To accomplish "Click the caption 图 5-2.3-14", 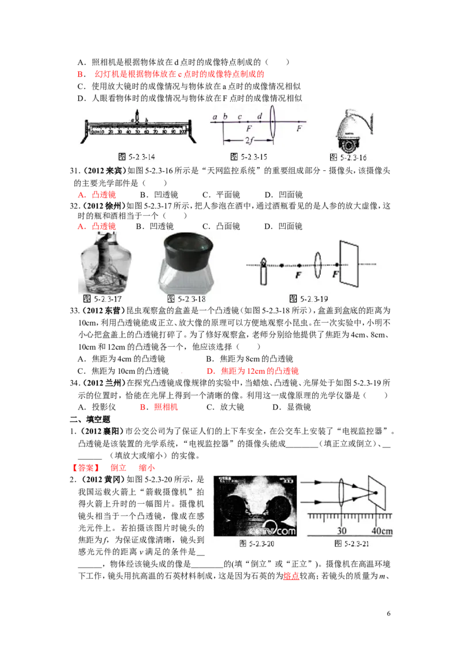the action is point(137,157).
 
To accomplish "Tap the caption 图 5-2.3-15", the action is point(248,157).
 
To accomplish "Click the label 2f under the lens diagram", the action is point(249,140).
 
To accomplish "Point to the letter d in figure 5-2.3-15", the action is point(259,116).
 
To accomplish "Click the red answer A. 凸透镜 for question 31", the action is point(97,195).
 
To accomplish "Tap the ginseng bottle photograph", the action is point(105,263).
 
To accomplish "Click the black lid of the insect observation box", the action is point(189,250).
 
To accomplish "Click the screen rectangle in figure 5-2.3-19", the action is point(348,263).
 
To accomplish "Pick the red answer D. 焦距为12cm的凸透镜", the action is point(252,371).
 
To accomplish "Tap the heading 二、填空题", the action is point(90,419).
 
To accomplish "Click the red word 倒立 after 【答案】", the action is point(118,468).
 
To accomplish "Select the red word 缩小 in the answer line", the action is point(147,468).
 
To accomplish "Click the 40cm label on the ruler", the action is point(382,531).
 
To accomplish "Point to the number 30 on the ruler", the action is point(342,531).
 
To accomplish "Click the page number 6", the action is point(389,614).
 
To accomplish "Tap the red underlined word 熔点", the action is point(291,576).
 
